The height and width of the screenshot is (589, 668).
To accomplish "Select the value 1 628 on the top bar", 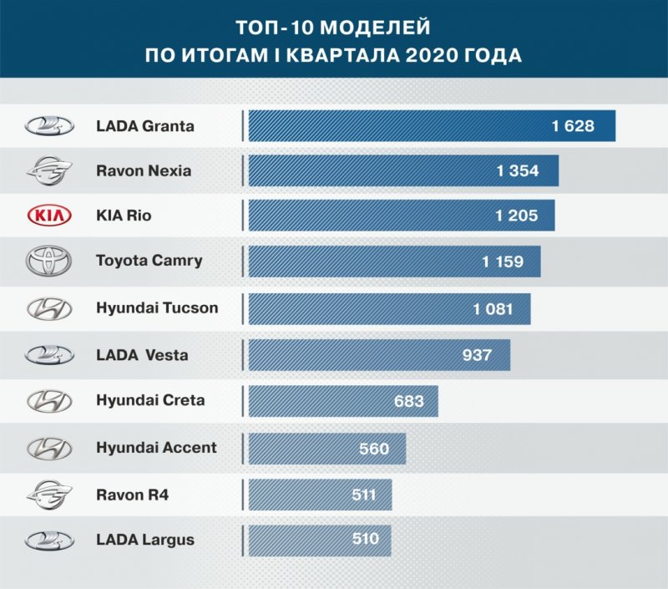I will click(573, 126).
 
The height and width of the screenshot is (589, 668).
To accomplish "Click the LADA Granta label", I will click(145, 126).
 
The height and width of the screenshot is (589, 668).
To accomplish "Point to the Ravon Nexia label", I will click(144, 170).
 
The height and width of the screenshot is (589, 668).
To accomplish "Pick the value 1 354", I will click(517, 171).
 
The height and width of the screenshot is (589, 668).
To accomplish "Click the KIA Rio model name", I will click(124, 216).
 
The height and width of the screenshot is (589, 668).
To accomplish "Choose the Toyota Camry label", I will click(149, 261).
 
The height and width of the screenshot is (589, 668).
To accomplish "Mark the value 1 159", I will click(503, 261).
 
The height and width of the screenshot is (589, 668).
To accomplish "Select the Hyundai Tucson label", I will click(157, 307).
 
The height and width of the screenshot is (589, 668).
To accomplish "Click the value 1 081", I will click(493, 309).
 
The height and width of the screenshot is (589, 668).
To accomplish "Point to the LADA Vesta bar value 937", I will click(477, 355).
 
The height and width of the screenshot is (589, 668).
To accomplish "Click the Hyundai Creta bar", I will click(343, 401).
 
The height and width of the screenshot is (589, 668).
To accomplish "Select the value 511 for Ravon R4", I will click(363, 495).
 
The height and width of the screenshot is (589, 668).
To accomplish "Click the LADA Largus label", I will click(145, 540).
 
